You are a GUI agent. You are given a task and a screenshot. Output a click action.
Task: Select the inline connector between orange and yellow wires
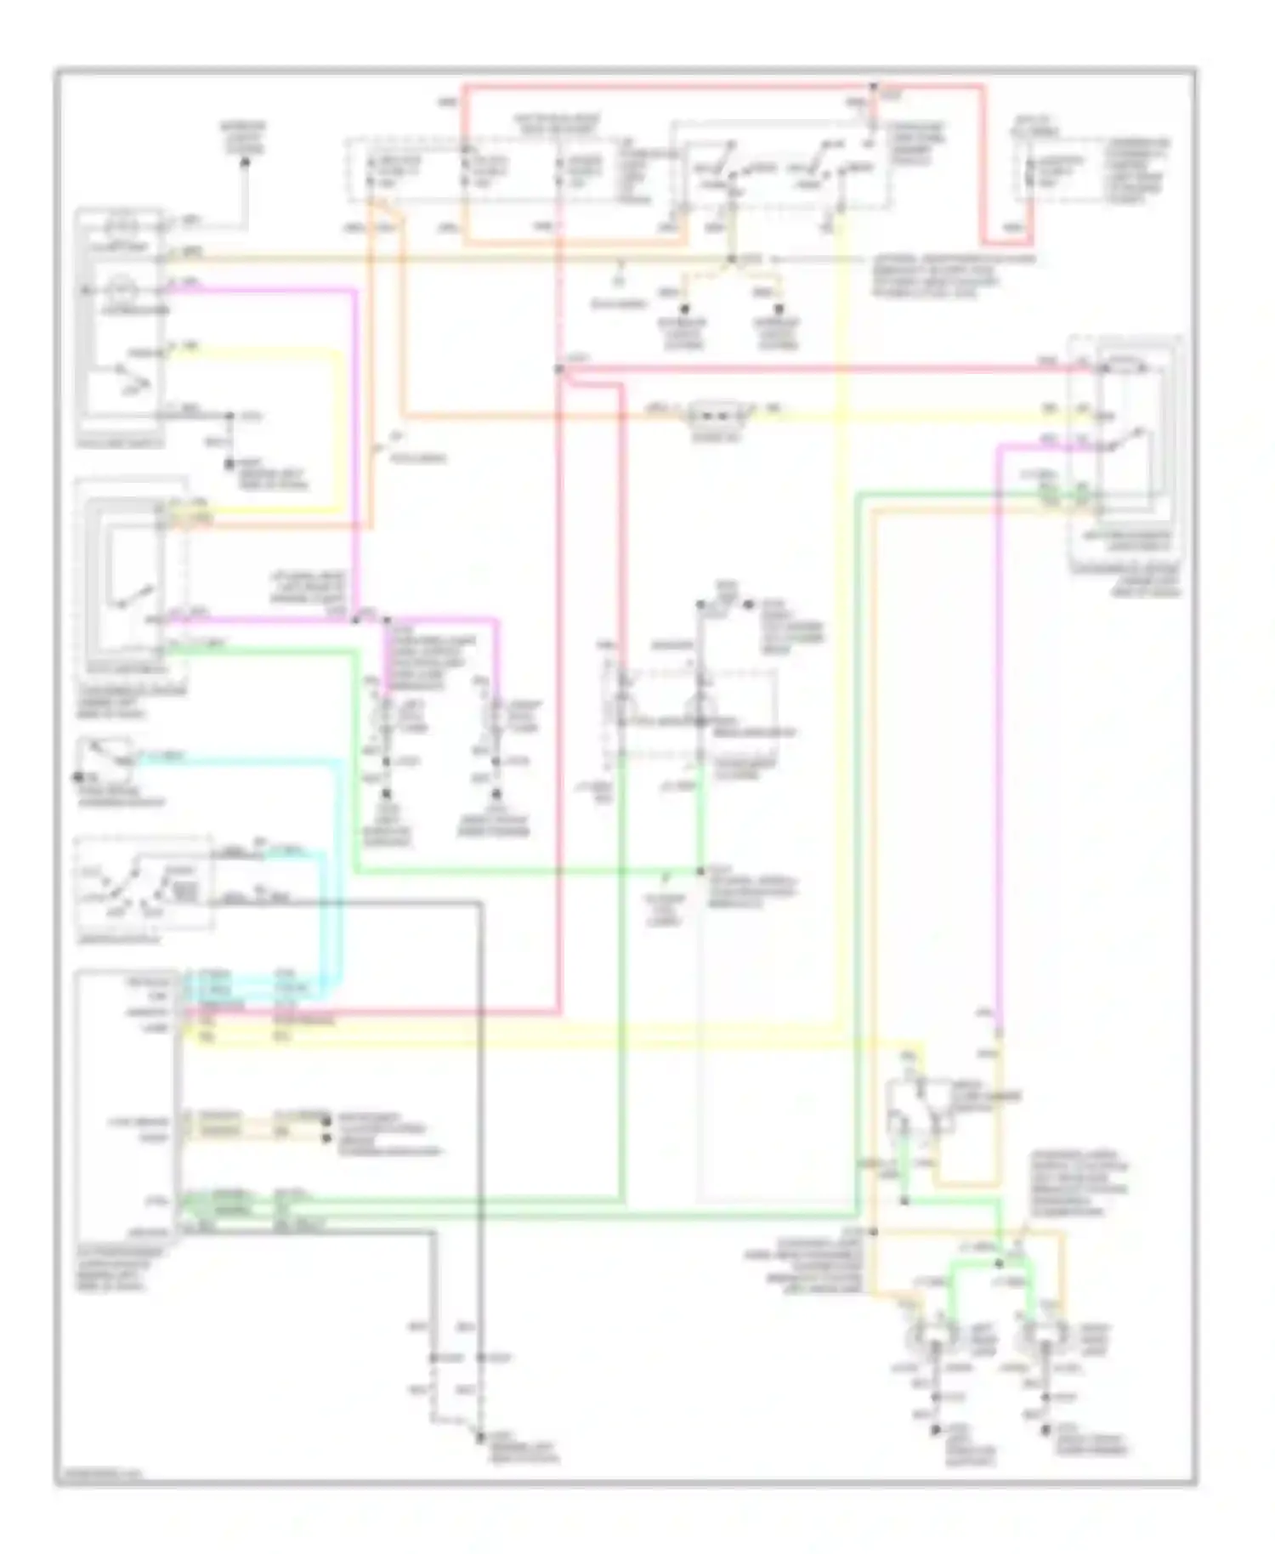[x=717, y=414]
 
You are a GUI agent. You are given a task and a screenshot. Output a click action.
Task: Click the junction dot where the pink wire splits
[x=356, y=619]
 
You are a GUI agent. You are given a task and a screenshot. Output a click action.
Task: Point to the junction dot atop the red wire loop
[x=873, y=87]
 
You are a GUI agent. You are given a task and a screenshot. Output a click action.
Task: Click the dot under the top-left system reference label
[x=246, y=162]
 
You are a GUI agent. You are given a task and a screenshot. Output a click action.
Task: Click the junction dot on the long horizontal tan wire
[x=731, y=257]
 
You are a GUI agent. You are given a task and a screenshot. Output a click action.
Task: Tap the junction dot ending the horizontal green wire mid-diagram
[x=701, y=871]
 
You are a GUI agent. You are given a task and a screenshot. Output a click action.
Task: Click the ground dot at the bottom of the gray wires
[x=480, y=1438]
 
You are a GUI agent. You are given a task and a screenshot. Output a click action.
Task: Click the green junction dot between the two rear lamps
[x=1000, y=1256]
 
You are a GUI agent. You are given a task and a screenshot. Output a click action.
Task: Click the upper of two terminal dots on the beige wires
[x=327, y=1120]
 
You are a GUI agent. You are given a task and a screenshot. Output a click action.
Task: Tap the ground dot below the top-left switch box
[x=229, y=464]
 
